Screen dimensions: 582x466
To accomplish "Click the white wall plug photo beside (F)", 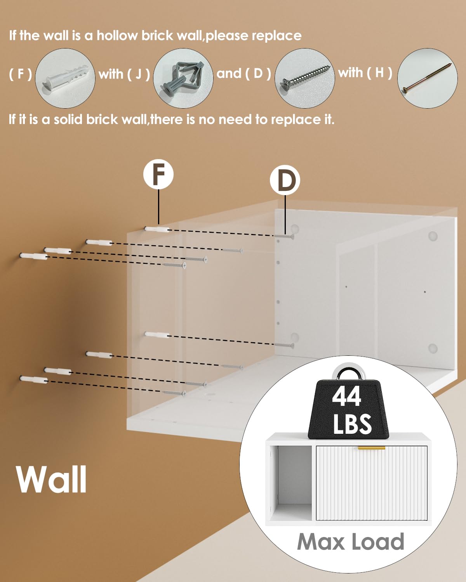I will coord(65,78).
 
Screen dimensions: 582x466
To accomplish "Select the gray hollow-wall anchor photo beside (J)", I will coord(183,78).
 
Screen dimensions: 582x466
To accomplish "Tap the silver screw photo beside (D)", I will coord(305,78).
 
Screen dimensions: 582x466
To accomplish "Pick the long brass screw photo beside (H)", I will coord(427,78).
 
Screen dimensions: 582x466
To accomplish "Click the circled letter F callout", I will coord(158,175).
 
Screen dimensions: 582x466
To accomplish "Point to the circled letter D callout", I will coord(285,181).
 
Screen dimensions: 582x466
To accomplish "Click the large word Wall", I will coord(52,480).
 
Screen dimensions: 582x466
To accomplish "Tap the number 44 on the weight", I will coord(346,396).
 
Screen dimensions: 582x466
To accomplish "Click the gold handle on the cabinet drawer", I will coord(371,448).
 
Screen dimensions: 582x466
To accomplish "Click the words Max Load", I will coord(350,542).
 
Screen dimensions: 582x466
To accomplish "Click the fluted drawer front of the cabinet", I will coord(371,485).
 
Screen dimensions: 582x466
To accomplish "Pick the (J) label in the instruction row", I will coord(138,74).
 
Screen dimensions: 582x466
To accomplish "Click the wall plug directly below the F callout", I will coord(157,229).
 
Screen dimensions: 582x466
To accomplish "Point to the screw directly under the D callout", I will coord(284,236).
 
